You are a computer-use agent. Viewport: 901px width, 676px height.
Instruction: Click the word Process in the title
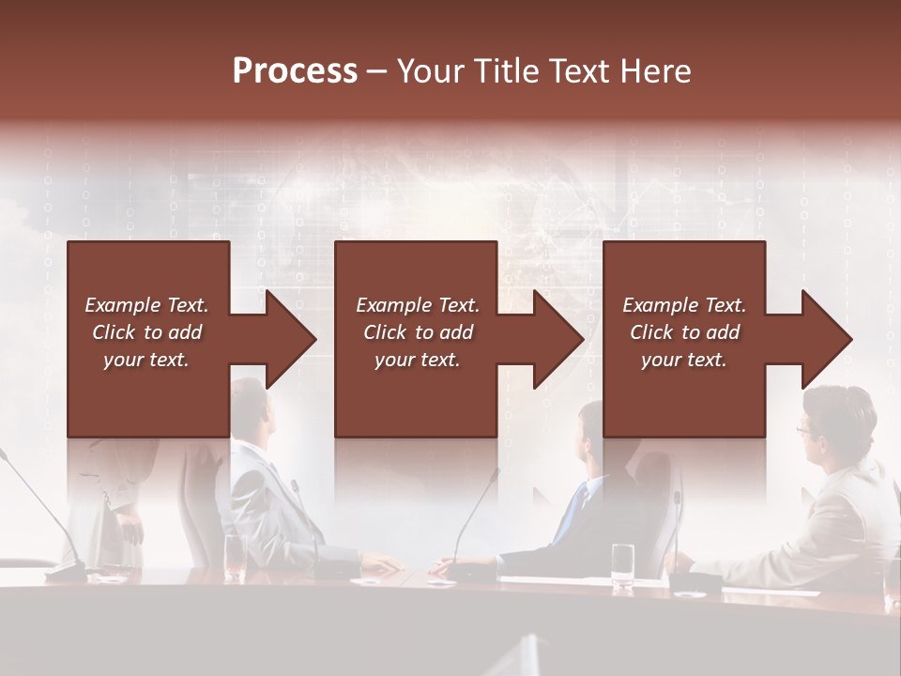(x=295, y=71)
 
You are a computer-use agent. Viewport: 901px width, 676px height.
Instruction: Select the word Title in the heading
(x=506, y=71)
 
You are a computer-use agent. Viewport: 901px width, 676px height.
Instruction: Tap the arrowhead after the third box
(x=825, y=339)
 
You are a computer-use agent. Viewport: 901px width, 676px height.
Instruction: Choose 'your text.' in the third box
(x=683, y=360)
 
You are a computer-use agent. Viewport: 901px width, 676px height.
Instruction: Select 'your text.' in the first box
(x=146, y=360)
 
